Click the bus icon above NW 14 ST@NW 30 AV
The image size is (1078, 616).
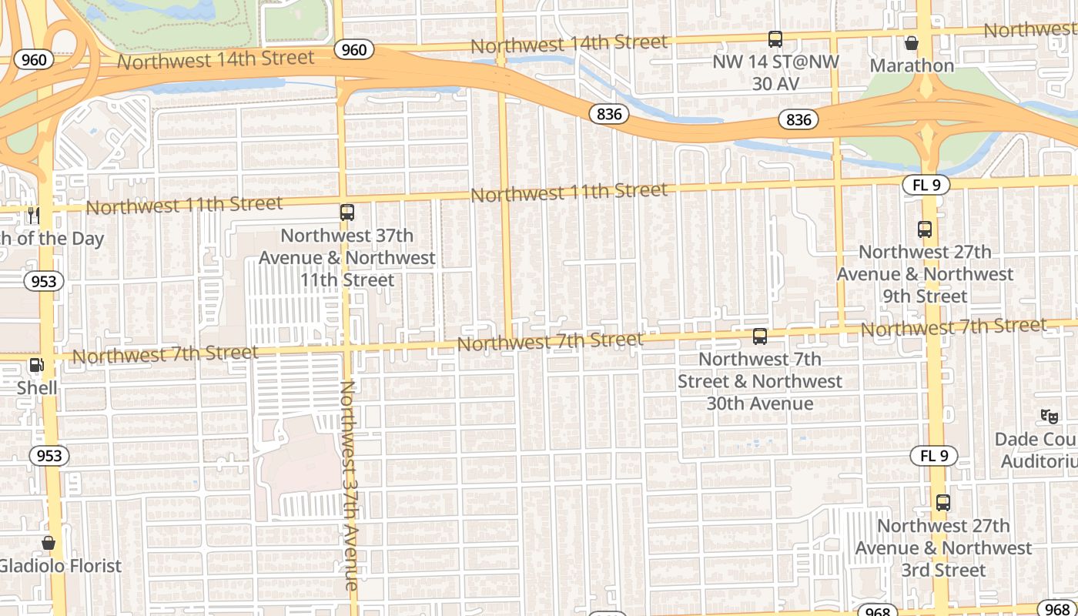point(775,39)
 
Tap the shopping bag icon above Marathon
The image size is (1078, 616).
point(912,43)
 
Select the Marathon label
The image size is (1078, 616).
point(912,65)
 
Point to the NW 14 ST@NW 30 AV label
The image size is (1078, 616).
point(775,72)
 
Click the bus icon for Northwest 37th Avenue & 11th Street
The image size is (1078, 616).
point(347,213)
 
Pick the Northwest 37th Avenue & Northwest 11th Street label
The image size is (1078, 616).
point(347,257)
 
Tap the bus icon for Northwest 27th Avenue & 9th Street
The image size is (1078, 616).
point(925,229)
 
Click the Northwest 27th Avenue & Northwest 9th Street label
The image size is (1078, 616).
point(925,274)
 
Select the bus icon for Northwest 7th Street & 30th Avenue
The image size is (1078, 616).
point(760,336)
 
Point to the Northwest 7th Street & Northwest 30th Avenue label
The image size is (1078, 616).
point(760,381)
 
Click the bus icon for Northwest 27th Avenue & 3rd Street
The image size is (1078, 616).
point(943,503)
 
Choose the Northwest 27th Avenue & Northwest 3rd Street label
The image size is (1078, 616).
point(943,547)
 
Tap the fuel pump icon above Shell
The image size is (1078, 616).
point(36,365)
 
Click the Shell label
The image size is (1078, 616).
point(37,387)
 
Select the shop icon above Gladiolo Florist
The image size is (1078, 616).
point(49,544)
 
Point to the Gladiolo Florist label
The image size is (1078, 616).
point(60,566)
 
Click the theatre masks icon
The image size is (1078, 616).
point(1049,417)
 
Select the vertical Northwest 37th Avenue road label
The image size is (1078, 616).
point(349,485)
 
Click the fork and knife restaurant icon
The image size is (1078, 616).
point(33,216)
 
